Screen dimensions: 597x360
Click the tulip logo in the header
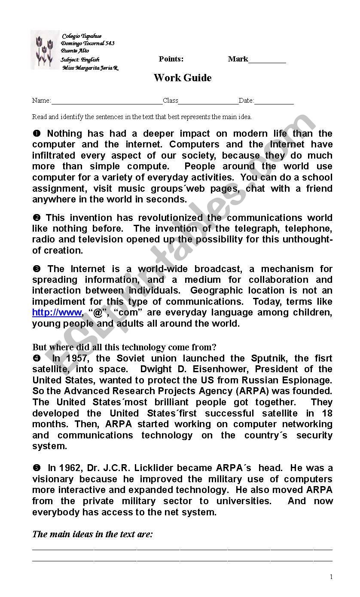coord(45,50)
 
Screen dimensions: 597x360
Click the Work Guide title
coord(183,78)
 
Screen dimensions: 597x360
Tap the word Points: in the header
coord(171,59)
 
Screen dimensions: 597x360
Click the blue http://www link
coord(57,312)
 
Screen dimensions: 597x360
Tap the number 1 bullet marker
coord(36,134)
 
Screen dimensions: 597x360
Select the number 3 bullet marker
coord(37,269)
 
